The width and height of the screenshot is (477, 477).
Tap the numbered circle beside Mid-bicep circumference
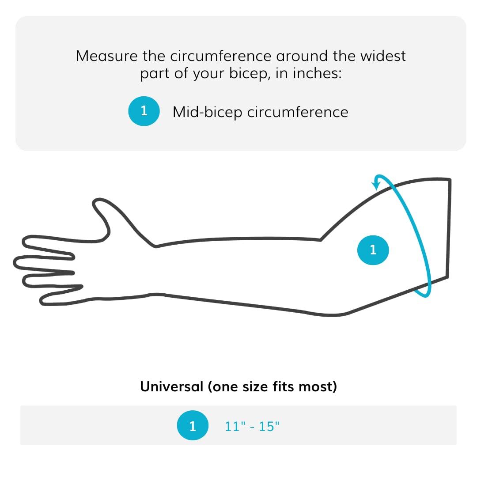point(144,111)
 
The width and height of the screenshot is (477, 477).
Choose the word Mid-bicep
point(208,112)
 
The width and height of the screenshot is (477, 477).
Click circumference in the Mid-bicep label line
point(298,112)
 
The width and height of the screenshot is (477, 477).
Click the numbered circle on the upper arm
point(373,250)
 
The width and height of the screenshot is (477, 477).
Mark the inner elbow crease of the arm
point(320,240)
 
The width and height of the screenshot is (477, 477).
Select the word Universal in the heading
point(171,386)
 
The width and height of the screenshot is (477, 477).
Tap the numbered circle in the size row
point(192,426)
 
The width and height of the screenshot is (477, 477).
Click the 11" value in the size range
point(235,426)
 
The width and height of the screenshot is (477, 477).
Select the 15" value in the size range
point(269,426)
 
